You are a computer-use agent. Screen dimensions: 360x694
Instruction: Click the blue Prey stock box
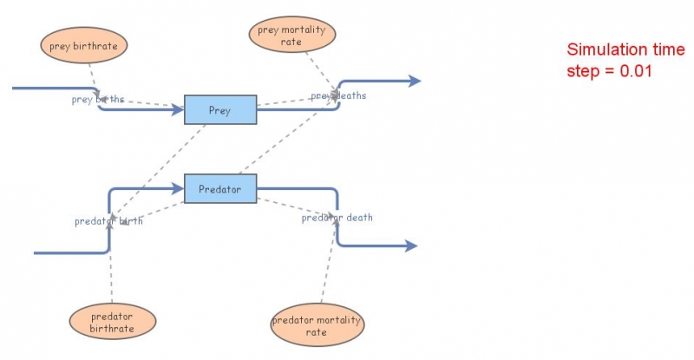click(219, 110)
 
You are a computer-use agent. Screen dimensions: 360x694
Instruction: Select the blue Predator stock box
click(219, 189)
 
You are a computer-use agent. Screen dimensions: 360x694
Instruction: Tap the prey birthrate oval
click(83, 46)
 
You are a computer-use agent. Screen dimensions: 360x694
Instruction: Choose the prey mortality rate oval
click(292, 35)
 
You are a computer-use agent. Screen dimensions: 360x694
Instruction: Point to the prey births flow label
click(97, 100)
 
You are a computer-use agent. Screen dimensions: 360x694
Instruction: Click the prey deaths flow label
click(338, 95)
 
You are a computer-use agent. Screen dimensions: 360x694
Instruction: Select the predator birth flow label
click(108, 221)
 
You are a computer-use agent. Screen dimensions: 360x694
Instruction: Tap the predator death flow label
click(337, 218)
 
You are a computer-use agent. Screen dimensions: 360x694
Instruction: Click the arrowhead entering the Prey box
click(179, 110)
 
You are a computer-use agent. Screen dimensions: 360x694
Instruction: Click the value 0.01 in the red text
click(632, 69)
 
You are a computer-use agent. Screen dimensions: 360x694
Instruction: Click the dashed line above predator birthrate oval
click(112, 269)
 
